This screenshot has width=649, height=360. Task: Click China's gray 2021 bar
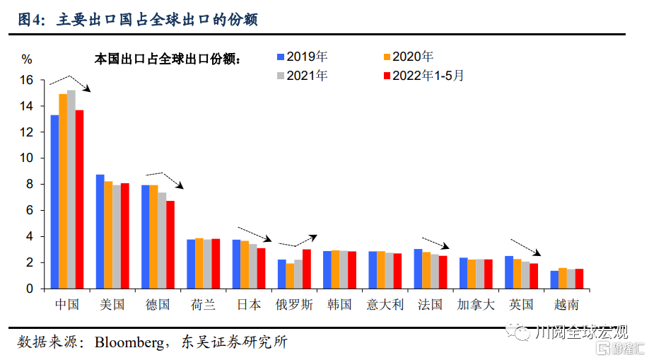pos(71,190)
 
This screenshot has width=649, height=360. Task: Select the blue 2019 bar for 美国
pos(100,231)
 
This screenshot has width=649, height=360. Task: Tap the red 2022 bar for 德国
pos(170,245)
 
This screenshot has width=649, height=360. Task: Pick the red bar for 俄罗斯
pos(307,269)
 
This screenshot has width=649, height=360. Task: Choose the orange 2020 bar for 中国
pos(63,192)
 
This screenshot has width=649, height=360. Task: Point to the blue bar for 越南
pos(554,279)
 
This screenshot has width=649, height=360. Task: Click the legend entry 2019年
pos(303,57)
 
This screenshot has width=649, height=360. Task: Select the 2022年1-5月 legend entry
pos(424,76)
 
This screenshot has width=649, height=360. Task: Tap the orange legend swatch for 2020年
pos(387,57)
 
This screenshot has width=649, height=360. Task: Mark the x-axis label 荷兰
pos(203,305)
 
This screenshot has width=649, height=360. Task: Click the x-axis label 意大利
pos(385,305)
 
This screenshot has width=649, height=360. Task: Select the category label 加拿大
pos(476,305)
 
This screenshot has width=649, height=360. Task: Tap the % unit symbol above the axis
pos(27,59)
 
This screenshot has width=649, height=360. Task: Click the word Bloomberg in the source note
pos(129,342)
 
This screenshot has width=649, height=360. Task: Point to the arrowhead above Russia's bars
pos(313,238)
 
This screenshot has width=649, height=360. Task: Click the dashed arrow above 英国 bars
pos(525,248)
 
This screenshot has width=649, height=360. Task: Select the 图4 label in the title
pos(31,20)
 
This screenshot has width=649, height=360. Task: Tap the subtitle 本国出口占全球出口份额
pos(167,59)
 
